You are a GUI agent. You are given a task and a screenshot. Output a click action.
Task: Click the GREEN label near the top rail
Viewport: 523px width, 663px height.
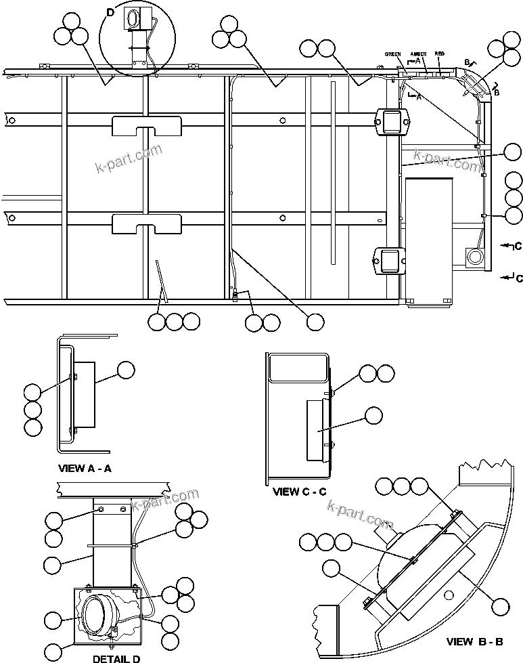tap(393, 54)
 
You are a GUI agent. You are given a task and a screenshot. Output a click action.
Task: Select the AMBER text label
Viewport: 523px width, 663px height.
tap(418, 54)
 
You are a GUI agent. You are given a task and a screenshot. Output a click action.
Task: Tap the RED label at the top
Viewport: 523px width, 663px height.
tap(439, 54)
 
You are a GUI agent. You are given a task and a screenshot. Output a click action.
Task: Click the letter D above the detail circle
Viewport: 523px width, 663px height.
tap(111, 12)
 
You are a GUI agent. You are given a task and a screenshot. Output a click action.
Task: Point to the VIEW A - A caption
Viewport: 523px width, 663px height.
tap(85, 468)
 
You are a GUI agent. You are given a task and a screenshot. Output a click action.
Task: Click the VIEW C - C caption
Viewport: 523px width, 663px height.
tap(300, 492)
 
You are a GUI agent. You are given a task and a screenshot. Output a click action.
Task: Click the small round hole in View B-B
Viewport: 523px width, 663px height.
tap(448, 595)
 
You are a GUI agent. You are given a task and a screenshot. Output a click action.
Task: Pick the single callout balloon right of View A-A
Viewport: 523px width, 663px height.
tap(126, 370)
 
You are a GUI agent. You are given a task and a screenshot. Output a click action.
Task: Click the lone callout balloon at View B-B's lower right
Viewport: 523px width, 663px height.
tap(500, 606)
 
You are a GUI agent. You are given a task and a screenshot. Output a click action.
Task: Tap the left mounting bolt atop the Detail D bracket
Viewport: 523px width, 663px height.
tap(101, 509)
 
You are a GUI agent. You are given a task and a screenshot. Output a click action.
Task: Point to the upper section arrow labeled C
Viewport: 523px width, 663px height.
tap(511, 245)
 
